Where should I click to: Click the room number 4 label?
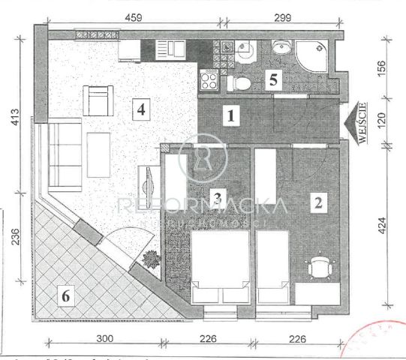pyautogui.click(x=140, y=109)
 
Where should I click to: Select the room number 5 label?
pyautogui.click(x=274, y=77)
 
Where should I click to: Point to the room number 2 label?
pyautogui.click(x=318, y=202)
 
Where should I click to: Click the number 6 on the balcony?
pyautogui.click(x=67, y=297)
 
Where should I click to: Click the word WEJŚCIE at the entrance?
pyautogui.click(x=362, y=117)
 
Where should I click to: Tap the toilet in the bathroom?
pyautogui.click(x=240, y=82)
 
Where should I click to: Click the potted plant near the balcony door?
pyautogui.click(x=149, y=259)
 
